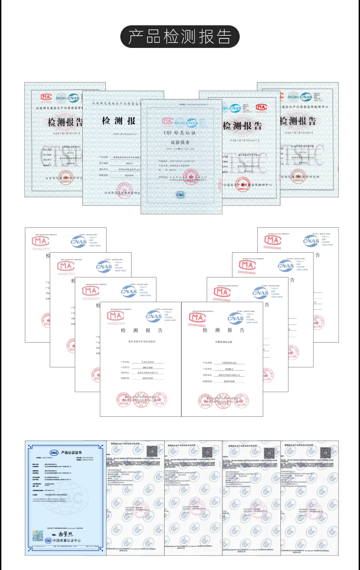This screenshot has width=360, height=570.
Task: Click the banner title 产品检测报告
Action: pos(180,37)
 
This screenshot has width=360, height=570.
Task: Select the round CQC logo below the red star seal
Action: pos(180,194)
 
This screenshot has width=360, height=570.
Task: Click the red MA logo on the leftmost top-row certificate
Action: pos(46,97)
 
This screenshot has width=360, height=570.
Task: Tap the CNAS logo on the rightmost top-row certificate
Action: pos(306,96)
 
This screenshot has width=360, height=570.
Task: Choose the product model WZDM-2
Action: pos(229,369)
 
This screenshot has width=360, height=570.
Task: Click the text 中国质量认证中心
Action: pos(67,541)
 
